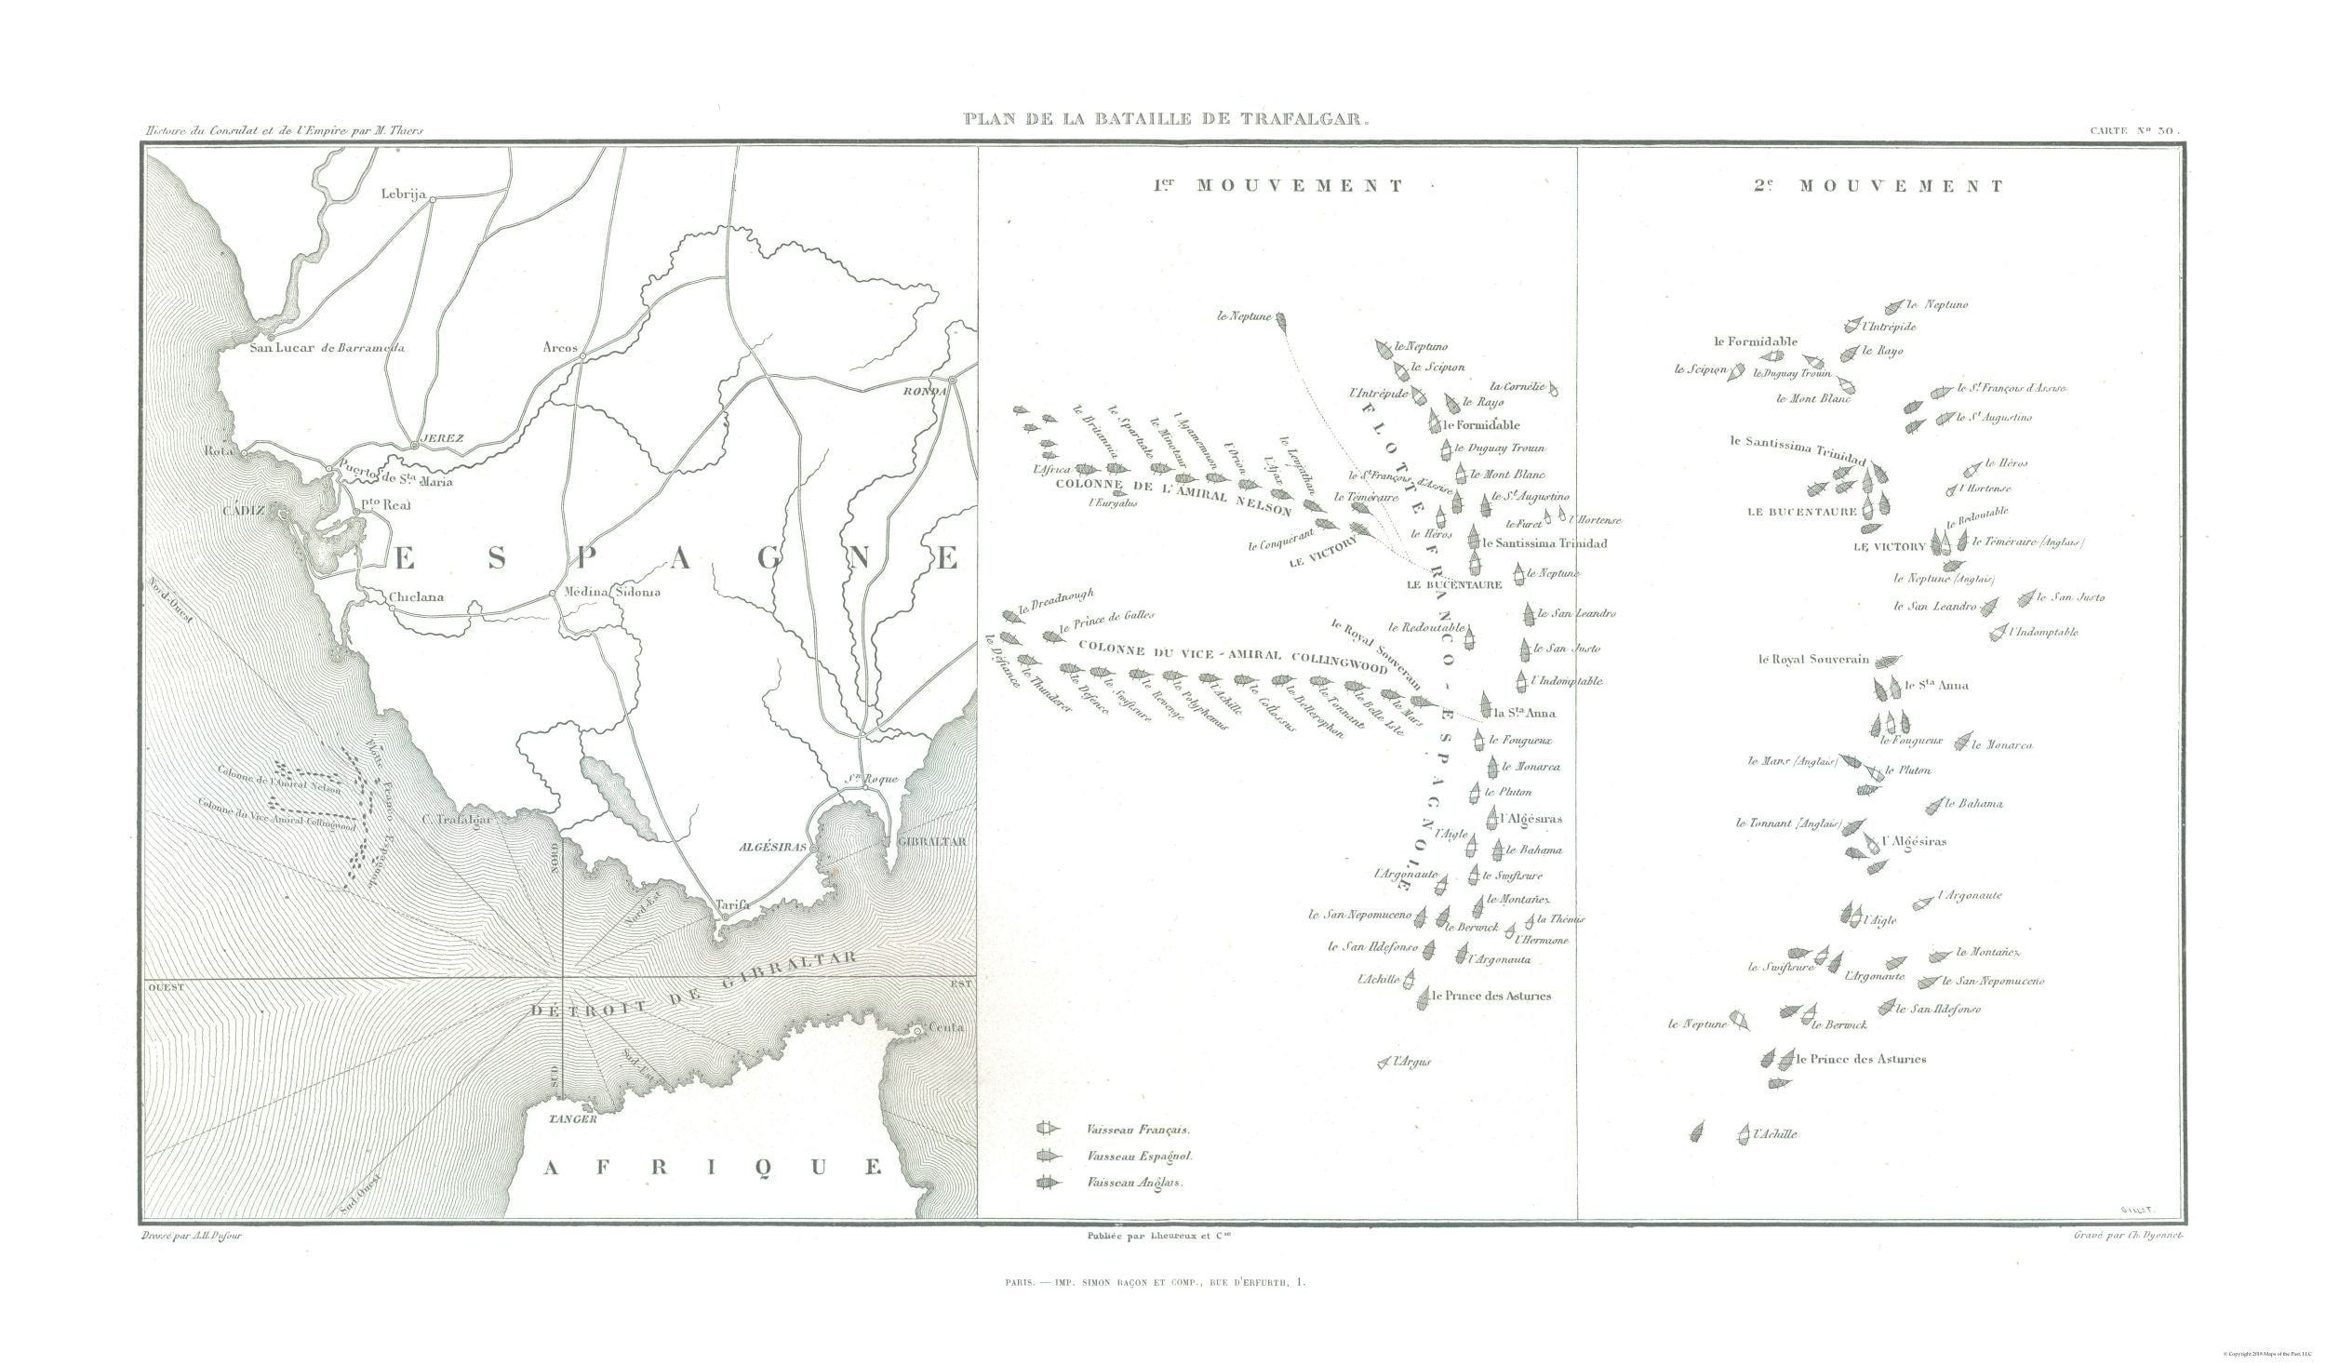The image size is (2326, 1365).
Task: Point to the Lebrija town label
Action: [403, 194]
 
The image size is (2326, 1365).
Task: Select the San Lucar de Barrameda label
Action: [328, 348]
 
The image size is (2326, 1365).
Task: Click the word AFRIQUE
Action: [712, 1167]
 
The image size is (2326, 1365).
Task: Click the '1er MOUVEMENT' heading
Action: [1278, 186]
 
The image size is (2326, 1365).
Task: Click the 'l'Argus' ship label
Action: [1410, 1062]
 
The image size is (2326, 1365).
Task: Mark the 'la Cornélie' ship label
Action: [1517, 385]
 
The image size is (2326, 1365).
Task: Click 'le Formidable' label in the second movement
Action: [1756, 341]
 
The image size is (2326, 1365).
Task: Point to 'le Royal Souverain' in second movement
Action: [1813, 660]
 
